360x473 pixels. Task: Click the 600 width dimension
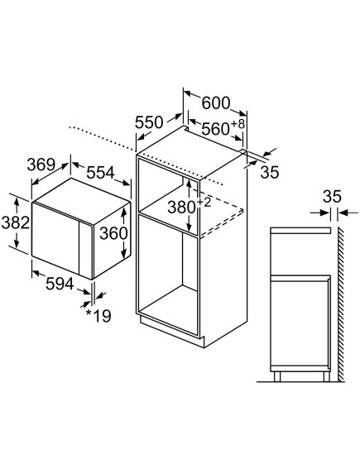click(x=216, y=103)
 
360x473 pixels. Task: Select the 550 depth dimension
click(x=149, y=122)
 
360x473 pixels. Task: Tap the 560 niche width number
click(x=215, y=129)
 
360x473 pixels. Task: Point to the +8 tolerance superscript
click(x=238, y=124)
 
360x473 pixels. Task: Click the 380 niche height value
click(x=181, y=208)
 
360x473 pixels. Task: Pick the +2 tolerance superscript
click(x=204, y=203)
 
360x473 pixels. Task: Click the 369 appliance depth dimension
click(x=41, y=165)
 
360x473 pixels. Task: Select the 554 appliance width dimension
click(x=100, y=173)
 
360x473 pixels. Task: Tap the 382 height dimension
click(x=16, y=223)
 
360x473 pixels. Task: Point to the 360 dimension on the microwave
click(x=113, y=233)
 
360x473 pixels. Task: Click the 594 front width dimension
click(x=60, y=284)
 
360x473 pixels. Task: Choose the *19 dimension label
click(x=98, y=316)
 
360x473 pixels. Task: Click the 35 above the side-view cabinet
click(x=332, y=196)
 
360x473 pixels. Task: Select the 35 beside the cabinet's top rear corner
click(x=270, y=172)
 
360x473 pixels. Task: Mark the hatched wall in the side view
click(x=341, y=304)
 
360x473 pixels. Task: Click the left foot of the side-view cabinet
click(x=277, y=376)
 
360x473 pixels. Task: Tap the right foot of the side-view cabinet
click(x=326, y=376)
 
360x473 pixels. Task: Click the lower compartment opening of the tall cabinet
click(x=168, y=275)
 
